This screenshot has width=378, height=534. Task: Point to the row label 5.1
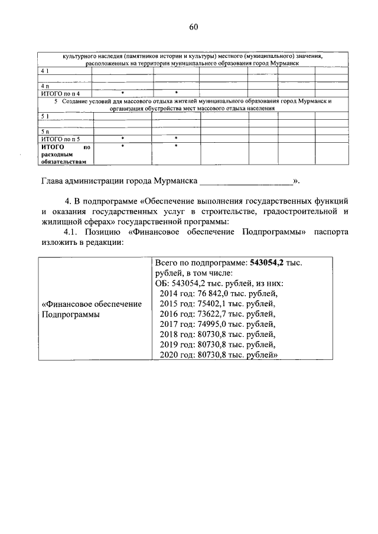(43, 116)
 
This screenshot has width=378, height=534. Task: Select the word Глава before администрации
(56, 180)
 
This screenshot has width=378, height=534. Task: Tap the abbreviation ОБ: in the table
(161, 283)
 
